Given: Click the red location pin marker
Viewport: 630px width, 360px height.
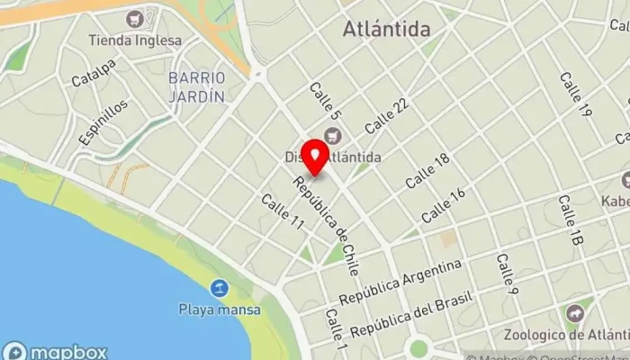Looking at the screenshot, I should [x=315, y=158].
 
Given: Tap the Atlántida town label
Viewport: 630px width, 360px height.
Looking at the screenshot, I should [x=386, y=30].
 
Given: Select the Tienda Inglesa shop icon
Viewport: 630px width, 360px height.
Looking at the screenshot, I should [x=135, y=19].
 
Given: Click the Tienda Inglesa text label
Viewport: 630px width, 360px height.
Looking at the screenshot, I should [x=135, y=40].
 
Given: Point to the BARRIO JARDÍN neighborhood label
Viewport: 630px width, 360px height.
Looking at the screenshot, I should [x=195, y=85].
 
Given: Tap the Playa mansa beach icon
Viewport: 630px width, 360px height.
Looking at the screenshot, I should [x=219, y=289].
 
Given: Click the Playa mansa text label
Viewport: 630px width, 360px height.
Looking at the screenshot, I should [x=219, y=310].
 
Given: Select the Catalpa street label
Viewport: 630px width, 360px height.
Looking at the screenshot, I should [x=94, y=73].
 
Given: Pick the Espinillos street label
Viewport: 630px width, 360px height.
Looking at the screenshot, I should [x=103, y=121].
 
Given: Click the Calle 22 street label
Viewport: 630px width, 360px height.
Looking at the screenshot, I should [x=387, y=114].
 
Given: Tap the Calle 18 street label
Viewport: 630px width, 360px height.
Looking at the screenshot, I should [x=427, y=170].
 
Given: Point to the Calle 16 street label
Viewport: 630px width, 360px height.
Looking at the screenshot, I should [x=444, y=205].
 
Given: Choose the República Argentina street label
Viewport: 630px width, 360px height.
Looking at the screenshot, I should [x=400, y=283].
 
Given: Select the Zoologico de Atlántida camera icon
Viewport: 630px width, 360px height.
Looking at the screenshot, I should [x=574, y=313].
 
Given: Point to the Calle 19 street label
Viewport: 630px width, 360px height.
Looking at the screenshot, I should [x=574, y=94].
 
